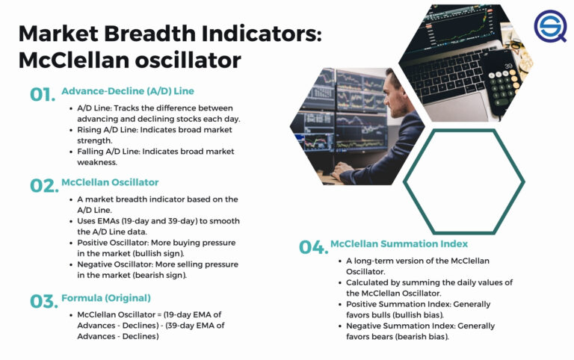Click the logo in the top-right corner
(x=549, y=26)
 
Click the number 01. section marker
(x=43, y=95)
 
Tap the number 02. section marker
(x=43, y=186)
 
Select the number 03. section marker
(x=43, y=302)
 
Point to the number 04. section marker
(x=312, y=247)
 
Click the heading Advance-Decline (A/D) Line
(x=128, y=91)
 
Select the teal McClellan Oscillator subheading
(x=110, y=182)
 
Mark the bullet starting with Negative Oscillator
(x=158, y=270)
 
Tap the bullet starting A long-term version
(x=417, y=266)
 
